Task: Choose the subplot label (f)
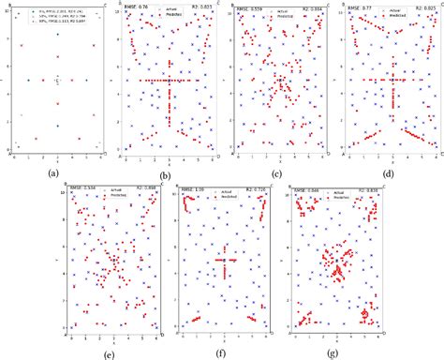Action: tap(226, 354)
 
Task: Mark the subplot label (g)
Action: tap(339, 354)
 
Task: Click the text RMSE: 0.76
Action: tap(138, 7)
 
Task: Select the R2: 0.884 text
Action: tap(303, 7)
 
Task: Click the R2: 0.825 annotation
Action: tap(416, 7)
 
